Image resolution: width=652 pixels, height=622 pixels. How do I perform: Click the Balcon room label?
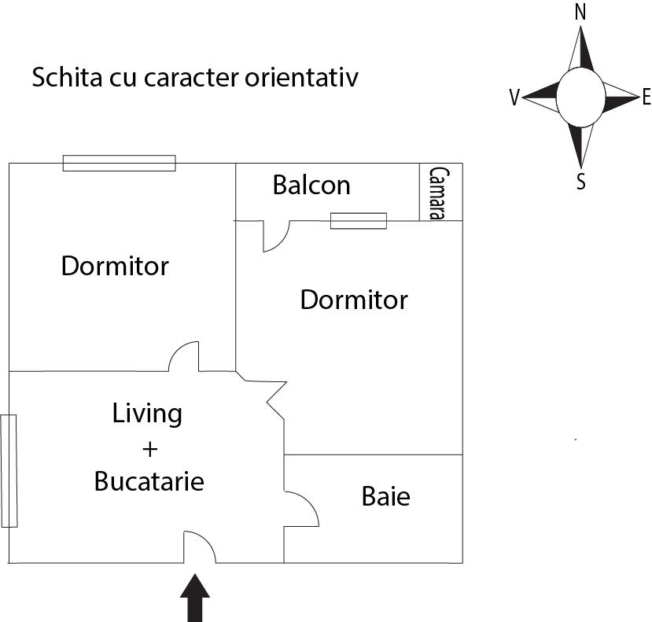click(311, 186)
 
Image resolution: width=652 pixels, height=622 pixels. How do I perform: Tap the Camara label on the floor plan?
click(439, 193)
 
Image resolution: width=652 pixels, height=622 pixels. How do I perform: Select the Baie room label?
click(385, 497)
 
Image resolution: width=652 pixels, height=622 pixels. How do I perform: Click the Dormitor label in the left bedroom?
click(115, 266)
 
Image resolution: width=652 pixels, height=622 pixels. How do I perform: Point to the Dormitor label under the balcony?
click(354, 300)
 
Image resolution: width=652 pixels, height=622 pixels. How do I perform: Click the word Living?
click(147, 413)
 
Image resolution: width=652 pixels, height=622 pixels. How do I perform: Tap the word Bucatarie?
click(149, 480)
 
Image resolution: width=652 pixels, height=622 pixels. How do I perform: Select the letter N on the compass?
click(580, 12)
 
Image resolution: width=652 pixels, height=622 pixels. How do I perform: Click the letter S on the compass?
click(581, 182)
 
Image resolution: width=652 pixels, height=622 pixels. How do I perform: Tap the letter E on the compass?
click(646, 98)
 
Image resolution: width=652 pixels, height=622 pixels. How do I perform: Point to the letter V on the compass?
click(514, 98)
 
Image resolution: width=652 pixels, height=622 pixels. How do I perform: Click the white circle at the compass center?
click(580, 98)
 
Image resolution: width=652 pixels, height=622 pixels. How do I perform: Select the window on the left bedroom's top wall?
click(119, 163)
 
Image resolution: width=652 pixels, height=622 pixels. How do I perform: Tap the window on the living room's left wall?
click(9, 470)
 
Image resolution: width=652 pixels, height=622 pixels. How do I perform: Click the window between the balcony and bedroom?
click(359, 221)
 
